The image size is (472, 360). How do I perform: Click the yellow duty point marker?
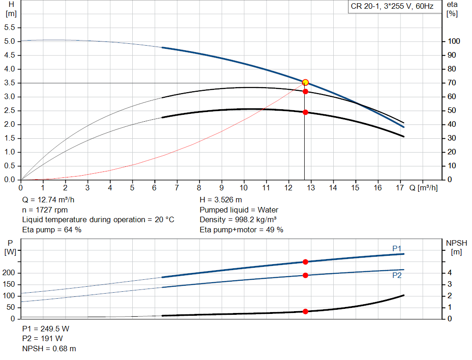point(305,82)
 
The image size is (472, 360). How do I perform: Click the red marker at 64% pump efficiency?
point(305,91)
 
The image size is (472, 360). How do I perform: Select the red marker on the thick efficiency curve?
point(305,112)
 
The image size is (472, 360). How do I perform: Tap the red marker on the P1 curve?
point(305,262)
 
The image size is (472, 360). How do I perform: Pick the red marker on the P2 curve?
point(305,275)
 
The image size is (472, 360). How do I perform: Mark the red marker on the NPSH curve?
point(305,312)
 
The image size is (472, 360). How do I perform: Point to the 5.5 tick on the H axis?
point(10,28)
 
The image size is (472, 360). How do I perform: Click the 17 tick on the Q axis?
point(400,188)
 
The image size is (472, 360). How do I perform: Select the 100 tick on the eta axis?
point(454,41)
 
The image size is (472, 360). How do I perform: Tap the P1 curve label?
point(397,248)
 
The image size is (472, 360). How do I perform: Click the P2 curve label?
point(397,275)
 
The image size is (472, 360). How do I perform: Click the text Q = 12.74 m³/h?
point(48,200)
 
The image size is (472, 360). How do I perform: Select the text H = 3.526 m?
point(221,200)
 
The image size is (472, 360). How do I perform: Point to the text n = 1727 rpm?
point(45,210)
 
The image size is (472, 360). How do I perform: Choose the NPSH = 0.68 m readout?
point(49,348)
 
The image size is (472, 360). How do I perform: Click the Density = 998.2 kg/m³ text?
point(238,219)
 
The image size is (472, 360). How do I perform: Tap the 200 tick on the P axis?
point(10,273)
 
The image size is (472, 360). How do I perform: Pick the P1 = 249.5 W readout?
point(46,329)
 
